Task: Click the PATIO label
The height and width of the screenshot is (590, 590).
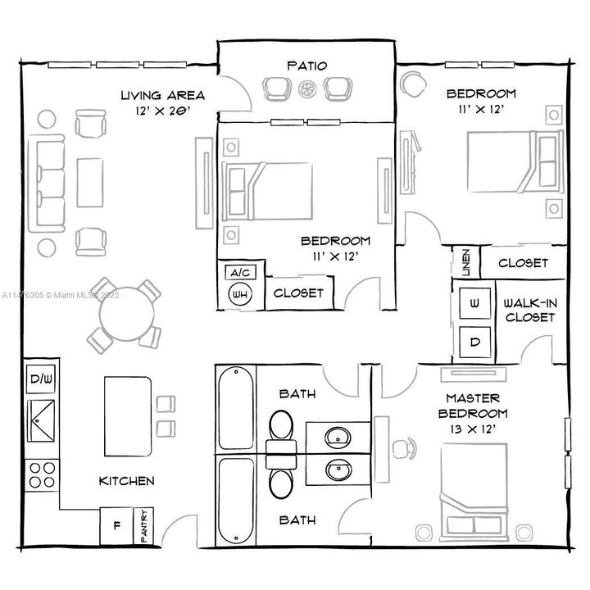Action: coord(307,65)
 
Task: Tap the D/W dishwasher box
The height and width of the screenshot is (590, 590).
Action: coord(40,379)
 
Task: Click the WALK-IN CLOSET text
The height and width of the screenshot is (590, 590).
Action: coord(530,309)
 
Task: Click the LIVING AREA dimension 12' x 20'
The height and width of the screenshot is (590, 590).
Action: coord(162,111)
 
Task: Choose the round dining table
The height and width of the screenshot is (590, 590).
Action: coord(123,312)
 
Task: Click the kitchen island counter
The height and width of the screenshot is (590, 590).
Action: coord(127,415)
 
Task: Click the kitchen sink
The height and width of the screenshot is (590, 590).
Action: coord(41,421)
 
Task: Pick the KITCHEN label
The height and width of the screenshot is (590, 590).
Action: coord(126,481)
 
